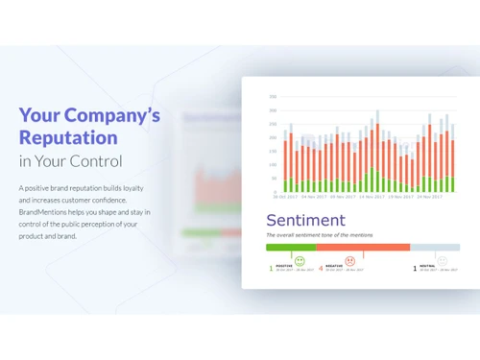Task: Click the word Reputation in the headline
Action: (x=69, y=138)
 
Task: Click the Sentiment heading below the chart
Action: (x=305, y=221)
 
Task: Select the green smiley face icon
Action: (x=300, y=260)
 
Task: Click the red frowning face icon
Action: (x=349, y=260)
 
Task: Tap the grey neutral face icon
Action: (x=442, y=260)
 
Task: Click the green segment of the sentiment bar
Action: (x=291, y=247)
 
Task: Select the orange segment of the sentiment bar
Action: (x=363, y=247)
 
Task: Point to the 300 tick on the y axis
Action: (x=273, y=97)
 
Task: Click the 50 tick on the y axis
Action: (x=274, y=179)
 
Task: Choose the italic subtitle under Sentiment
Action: (x=320, y=234)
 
